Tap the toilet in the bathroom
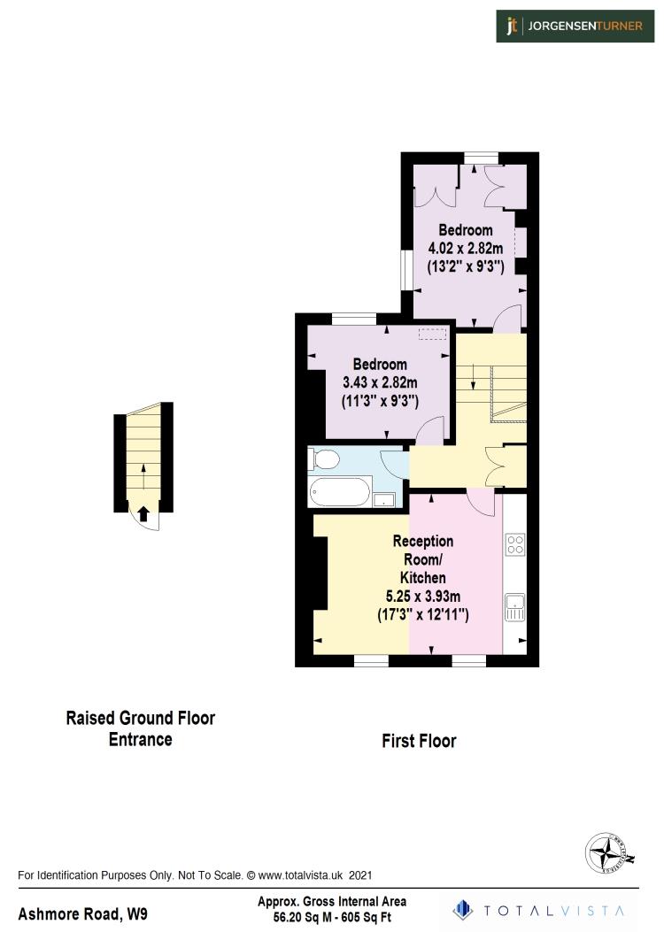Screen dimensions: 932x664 [x=323, y=459]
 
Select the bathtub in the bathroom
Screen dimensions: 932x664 [x=341, y=492]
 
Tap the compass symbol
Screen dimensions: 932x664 [x=610, y=854]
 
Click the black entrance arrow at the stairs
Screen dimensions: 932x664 [x=143, y=512]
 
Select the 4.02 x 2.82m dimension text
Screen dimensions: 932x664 [x=466, y=248]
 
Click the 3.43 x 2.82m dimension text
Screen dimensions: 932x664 [x=380, y=382]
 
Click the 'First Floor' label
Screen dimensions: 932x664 [x=419, y=741]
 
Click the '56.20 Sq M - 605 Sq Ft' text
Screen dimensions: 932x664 [x=332, y=917]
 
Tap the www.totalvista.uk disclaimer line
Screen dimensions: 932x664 [x=195, y=875]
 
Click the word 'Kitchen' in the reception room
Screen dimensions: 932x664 [x=423, y=577]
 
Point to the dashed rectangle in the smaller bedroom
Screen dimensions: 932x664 [x=433, y=334]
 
